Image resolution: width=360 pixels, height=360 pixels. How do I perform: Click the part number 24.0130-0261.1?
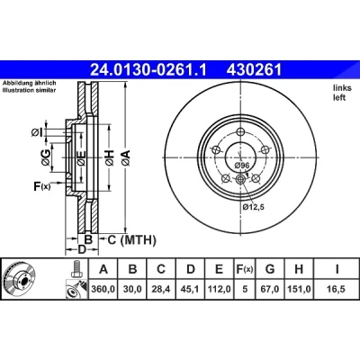tap(148, 71)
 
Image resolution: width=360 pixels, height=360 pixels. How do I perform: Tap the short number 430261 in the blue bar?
tap(255, 71)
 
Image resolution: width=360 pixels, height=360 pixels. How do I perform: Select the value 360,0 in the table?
tap(103, 289)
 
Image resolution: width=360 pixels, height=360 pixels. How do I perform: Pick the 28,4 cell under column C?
tap(161, 289)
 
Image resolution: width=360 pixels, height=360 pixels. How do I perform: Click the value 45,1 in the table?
tap(190, 289)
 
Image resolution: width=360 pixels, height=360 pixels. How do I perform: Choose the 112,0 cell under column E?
tap(220, 289)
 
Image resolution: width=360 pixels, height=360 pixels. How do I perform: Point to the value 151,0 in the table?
tap(299, 289)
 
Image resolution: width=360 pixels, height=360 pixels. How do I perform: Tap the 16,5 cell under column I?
tap(337, 289)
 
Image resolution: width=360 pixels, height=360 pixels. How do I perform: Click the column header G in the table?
tap(270, 269)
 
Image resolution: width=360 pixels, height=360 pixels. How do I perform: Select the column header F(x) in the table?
tap(244, 269)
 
